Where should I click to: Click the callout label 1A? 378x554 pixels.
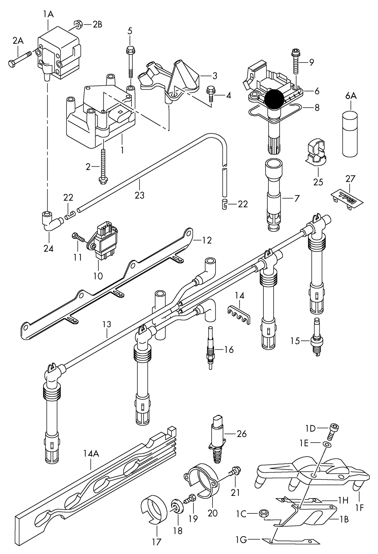[x=48, y=14]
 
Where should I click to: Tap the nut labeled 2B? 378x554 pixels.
[x=78, y=24]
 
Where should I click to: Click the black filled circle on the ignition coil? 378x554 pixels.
[x=274, y=99]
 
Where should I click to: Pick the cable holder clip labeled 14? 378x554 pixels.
[x=238, y=313]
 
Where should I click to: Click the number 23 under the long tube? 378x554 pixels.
[x=139, y=195]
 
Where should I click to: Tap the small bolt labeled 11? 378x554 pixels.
[x=78, y=237]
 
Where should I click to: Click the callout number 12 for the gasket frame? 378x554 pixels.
[x=207, y=240]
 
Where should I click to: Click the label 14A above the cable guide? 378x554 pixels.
[x=91, y=454]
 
